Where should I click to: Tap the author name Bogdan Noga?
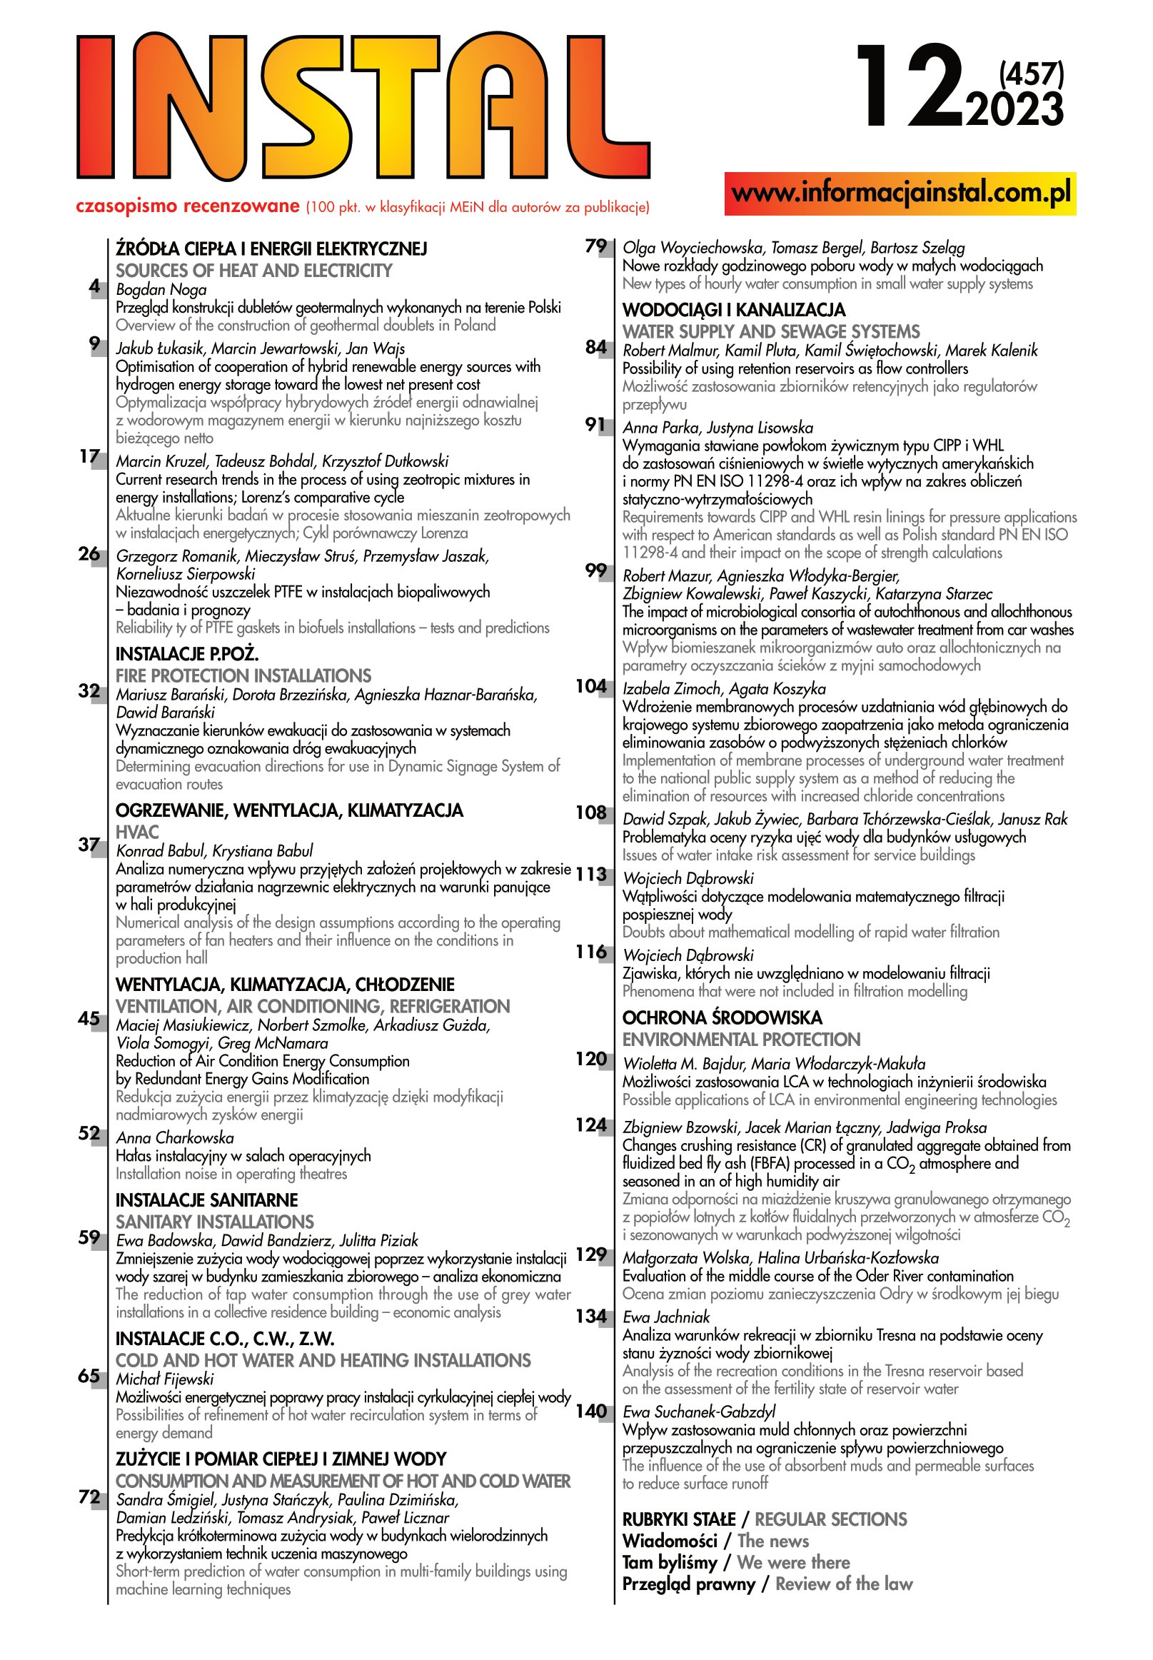pos(161,290)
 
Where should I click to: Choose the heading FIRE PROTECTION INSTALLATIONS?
pos(243,676)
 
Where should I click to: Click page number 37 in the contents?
pos(89,845)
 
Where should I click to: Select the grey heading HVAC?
pos(137,832)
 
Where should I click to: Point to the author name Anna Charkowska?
pos(175,1138)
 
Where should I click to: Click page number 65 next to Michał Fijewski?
pos(89,1376)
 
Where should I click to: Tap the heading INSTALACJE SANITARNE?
pos(206,1200)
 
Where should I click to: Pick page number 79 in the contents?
pos(595,246)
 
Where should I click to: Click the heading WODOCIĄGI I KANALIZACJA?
pos(733,310)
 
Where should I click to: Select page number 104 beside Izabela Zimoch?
pos(591,686)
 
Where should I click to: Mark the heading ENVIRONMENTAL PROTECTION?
pos(741,1040)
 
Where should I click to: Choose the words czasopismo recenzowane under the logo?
pos(187,206)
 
